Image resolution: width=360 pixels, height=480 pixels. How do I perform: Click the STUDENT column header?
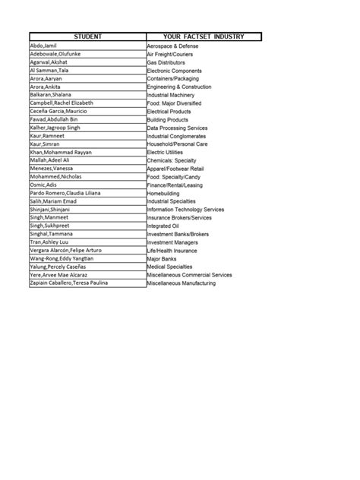tap(87, 36)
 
